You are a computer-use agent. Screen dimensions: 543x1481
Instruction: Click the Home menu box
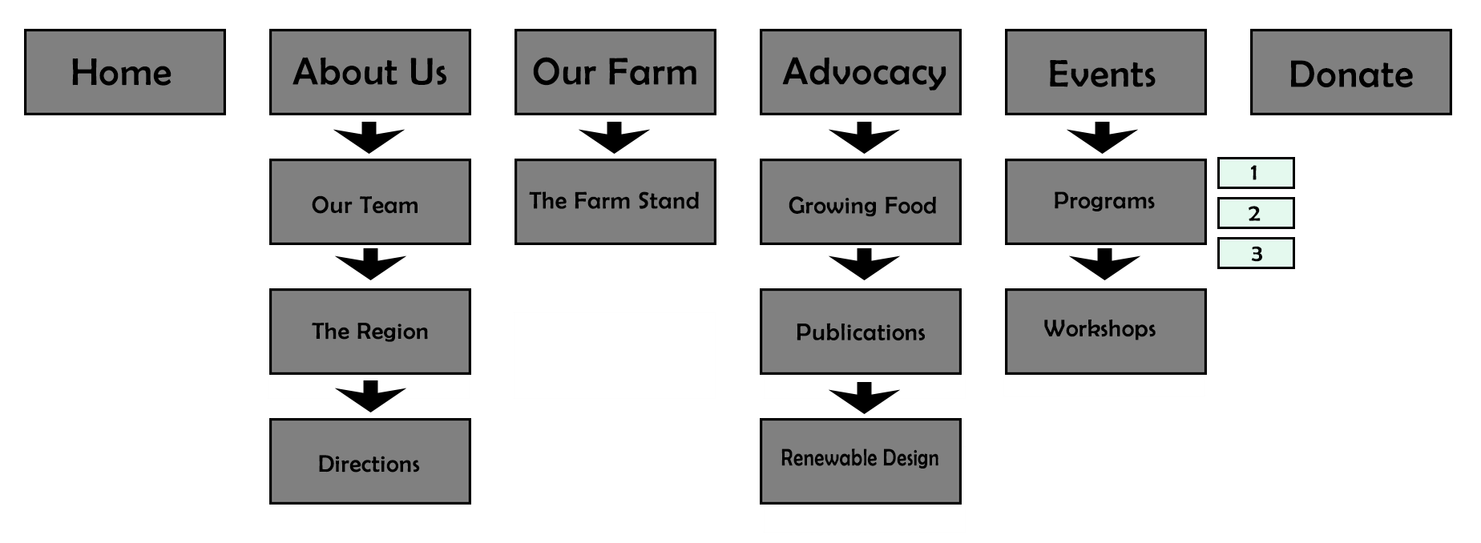125,72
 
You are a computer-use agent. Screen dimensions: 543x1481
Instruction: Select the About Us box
370,72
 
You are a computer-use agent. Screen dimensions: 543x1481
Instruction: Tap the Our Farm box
615,72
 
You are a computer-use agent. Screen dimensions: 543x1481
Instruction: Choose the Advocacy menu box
861,72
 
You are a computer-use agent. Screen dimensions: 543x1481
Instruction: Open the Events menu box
1106,72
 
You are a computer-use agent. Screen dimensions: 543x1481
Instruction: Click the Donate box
1351,72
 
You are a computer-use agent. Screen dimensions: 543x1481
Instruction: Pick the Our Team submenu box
370,202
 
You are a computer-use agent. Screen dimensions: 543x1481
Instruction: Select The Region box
370,332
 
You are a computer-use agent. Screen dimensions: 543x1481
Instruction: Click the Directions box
370,461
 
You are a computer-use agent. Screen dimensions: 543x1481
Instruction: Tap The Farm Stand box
615,202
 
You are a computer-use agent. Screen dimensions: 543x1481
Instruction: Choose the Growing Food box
861,202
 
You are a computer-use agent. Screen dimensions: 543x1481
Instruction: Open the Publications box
861,332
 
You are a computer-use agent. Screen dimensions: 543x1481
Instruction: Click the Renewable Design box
861,461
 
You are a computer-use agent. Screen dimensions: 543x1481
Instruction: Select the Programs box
1106,202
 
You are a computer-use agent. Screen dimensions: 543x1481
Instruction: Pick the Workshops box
1106,332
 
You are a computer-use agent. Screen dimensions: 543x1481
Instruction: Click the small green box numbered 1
1256,173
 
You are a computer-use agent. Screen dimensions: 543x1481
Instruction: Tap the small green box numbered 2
1256,213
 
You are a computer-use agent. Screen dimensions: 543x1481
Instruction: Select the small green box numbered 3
1256,253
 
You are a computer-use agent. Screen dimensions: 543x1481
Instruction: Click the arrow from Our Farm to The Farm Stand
615,138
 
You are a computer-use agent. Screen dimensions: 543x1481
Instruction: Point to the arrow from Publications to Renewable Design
864,397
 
